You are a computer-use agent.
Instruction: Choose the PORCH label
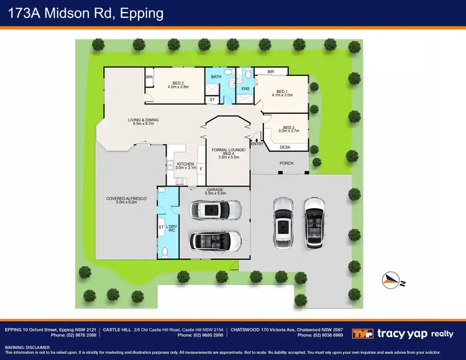(286, 164)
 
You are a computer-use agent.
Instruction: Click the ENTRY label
(257, 144)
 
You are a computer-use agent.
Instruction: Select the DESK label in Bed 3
(285, 147)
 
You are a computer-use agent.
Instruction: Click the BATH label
(216, 77)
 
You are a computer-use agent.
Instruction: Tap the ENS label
(245, 89)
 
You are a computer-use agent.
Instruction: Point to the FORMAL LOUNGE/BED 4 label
(229, 154)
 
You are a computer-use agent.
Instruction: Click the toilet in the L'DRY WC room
(164, 251)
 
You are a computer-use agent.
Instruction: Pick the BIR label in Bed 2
(149, 77)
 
